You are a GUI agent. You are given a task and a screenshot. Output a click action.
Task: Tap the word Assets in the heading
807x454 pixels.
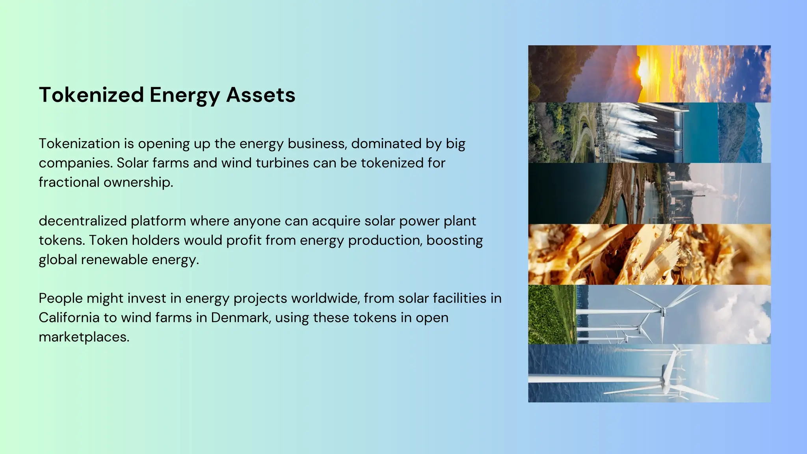click(260, 95)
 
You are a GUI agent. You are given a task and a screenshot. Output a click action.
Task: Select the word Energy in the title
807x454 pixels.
click(184, 95)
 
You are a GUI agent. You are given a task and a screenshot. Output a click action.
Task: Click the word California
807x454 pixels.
click(69, 318)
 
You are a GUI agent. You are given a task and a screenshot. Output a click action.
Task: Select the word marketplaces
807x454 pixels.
click(84, 337)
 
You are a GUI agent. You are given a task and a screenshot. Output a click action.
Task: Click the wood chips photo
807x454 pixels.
click(649, 255)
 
